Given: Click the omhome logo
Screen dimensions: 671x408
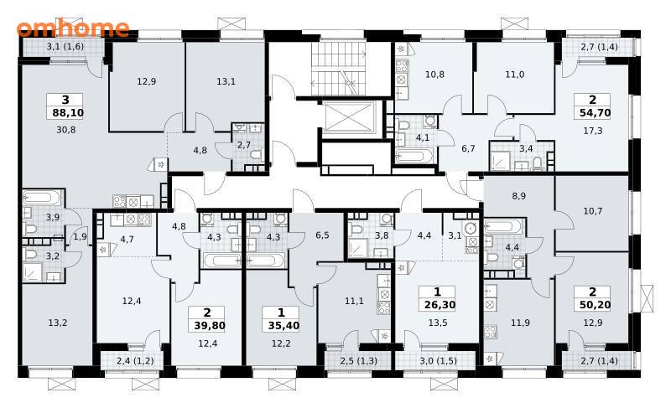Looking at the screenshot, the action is (x=73, y=28).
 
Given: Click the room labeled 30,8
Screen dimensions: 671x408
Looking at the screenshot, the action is (x=66, y=130).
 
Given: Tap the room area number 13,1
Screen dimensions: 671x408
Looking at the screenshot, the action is (x=226, y=81).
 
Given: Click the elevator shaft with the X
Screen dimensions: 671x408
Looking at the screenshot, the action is (x=350, y=118).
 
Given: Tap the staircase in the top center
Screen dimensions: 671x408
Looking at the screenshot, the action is (x=339, y=69).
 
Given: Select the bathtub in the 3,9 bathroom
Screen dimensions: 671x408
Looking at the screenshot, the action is (x=43, y=198).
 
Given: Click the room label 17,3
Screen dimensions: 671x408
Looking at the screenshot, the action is (x=593, y=131).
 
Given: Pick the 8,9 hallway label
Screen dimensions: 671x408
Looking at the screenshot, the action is (x=518, y=196).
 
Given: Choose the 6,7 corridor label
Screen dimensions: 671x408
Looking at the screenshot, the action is (x=468, y=148).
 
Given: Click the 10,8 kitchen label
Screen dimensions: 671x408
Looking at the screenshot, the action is (x=434, y=75).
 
